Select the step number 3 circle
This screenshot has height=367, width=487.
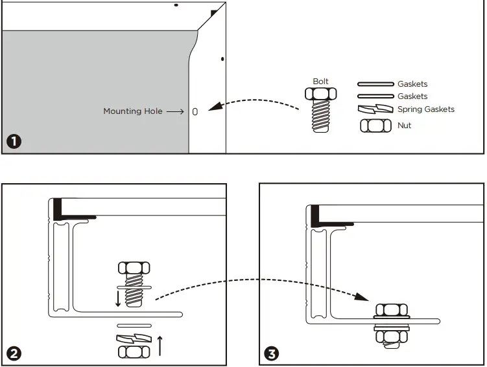(x=272, y=353)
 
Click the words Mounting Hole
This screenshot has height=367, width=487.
(x=132, y=111)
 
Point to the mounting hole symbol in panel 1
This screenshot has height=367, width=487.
(x=195, y=112)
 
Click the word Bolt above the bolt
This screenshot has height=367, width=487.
(x=320, y=82)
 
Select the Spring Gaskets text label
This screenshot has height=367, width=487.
(x=425, y=109)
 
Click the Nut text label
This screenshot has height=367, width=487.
(x=404, y=126)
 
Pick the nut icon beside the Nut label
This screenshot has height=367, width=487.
(x=376, y=126)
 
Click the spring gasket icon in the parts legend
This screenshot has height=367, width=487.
(x=376, y=109)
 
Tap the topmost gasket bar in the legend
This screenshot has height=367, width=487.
(x=376, y=84)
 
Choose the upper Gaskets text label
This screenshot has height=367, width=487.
(x=412, y=84)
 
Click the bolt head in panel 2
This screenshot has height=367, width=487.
(x=134, y=268)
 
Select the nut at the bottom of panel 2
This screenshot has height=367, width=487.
(x=134, y=351)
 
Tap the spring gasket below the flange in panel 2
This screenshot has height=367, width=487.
(x=134, y=339)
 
